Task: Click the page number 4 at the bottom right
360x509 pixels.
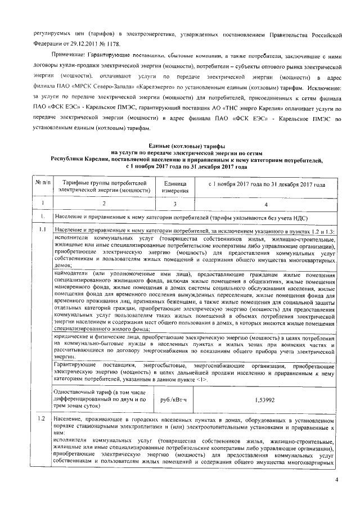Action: tap(336, 480)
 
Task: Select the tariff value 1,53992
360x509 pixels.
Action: tap(264, 400)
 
